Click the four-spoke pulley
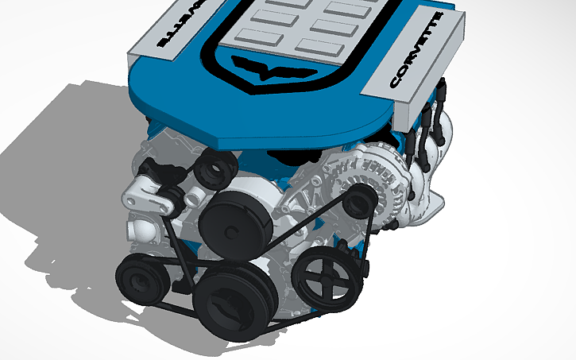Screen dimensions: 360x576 click(324, 274)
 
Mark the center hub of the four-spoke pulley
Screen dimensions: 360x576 click(324, 274)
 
